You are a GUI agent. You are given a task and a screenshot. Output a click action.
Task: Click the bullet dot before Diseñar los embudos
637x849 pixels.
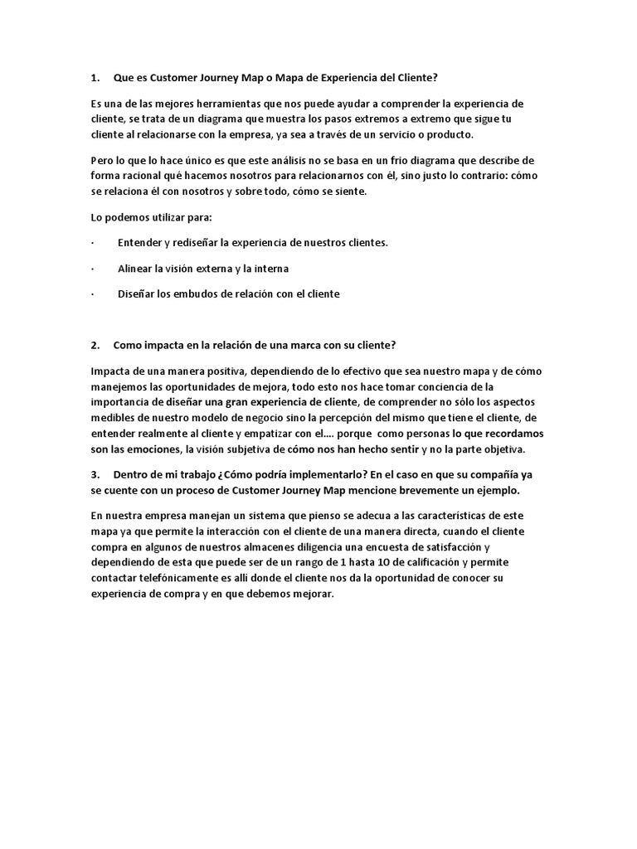[91, 294]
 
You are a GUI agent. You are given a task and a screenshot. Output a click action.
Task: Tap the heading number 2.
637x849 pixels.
[95, 345]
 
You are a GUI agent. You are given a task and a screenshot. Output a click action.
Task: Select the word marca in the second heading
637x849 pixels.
[299, 345]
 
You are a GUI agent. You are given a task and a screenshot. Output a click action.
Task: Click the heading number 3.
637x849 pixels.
[95, 475]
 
